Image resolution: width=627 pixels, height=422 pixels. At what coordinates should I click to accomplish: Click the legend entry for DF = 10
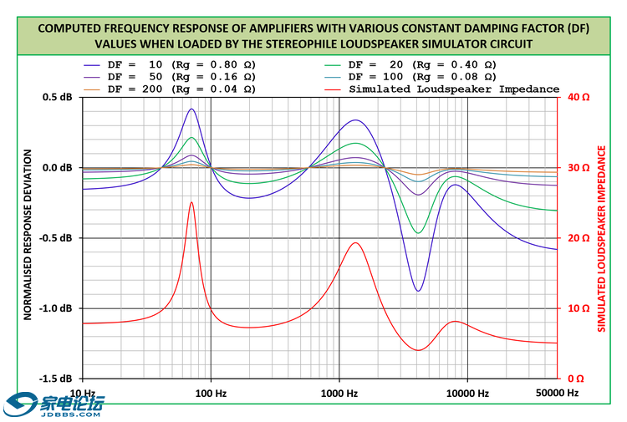click(x=172, y=64)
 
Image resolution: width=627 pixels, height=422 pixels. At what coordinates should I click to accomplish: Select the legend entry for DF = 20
click(x=422, y=64)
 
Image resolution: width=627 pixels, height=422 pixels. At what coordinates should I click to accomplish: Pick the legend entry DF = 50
click(x=172, y=76)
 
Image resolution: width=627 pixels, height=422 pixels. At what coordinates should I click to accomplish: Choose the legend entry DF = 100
click(x=422, y=76)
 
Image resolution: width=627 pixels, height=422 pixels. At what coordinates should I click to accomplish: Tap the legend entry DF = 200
click(x=172, y=89)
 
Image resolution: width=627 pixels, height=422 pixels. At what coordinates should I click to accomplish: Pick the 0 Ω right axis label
click(x=577, y=379)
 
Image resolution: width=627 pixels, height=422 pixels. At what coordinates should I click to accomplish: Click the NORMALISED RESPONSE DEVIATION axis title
click(x=28, y=237)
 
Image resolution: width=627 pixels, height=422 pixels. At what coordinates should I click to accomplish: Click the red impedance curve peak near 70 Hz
click(x=191, y=202)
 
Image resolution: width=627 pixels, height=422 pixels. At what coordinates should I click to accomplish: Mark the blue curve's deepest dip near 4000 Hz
click(x=418, y=291)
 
